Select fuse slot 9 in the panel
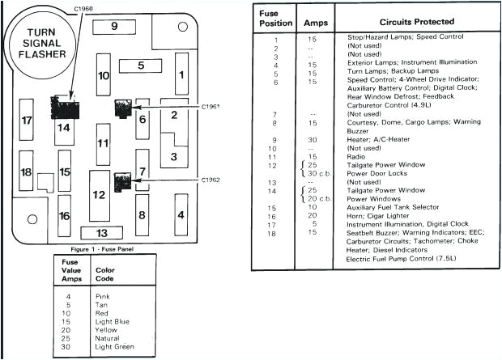(113, 27)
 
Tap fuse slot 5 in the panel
(140, 66)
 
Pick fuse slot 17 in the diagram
(27, 121)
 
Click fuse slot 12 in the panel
(100, 194)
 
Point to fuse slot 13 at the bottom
(103, 233)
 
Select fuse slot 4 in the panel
(181, 214)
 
